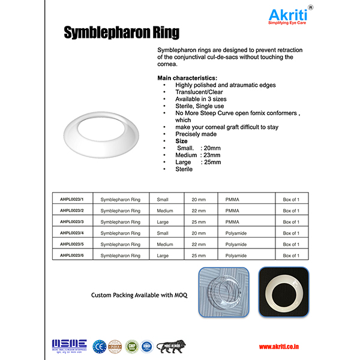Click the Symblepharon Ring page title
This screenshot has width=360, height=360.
(x=121, y=32)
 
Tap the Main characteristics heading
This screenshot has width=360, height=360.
(x=187, y=78)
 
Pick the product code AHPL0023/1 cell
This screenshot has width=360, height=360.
(x=73, y=199)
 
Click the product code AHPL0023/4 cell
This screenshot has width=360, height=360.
(x=73, y=233)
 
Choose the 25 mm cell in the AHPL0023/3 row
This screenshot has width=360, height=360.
(x=199, y=222)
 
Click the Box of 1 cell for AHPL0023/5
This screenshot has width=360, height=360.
(x=290, y=244)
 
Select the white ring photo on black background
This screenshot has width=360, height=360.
(x=283, y=292)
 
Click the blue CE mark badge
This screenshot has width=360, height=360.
(x=97, y=346)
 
